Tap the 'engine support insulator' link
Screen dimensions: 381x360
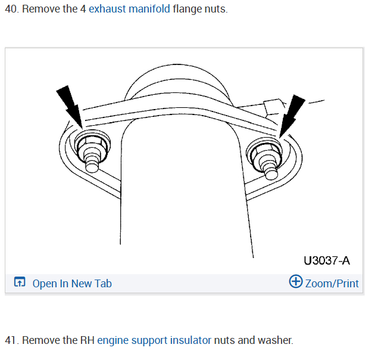(154, 340)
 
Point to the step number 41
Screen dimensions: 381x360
(11, 340)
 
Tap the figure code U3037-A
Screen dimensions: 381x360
(326, 260)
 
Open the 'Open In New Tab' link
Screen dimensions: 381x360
(71, 284)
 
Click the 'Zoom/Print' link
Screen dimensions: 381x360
(332, 283)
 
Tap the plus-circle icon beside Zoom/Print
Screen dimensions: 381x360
(296, 282)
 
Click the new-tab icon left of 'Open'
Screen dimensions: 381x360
(20, 283)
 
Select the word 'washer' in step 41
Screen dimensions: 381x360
(274, 340)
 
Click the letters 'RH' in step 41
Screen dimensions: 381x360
(87, 340)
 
